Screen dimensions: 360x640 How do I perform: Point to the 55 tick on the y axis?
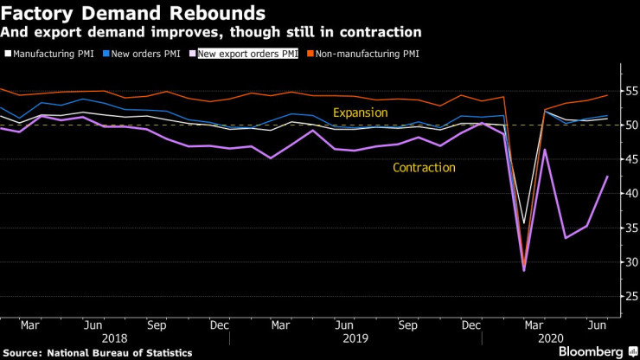tap(628, 91)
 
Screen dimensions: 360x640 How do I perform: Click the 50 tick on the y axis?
tap(628, 125)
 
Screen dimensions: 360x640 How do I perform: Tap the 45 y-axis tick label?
tap(628, 159)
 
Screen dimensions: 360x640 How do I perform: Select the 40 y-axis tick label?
tap(628, 193)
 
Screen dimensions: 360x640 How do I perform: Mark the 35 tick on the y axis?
tap(628, 228)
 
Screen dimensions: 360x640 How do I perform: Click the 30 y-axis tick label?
tap(628, 261)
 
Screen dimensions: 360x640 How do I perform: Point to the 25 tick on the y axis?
tap(628, 296)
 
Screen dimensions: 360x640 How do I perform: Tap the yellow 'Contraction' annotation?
tap(424, 167)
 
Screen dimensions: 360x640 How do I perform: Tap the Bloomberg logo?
tap(587, 351)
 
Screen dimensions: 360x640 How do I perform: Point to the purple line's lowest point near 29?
tap(524, 271)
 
